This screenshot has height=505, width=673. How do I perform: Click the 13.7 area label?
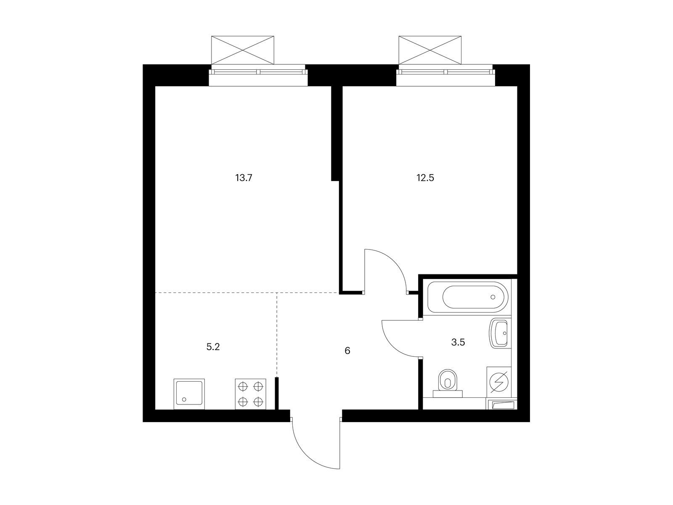pyautogui.click(x=244, y=178)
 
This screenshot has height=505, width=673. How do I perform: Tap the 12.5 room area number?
pyautogui.click(x=425, y=178)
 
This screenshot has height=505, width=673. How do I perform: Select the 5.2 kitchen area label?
pyautogui.click(x=213, y=347)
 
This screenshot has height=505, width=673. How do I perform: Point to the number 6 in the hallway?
pyautogui.click(x=347, y=351)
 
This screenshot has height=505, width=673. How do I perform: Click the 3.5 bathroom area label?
pyautogui.click(x=458, y=342)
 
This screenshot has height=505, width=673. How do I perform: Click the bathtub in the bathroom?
pyautogui.click(x=468, y=297)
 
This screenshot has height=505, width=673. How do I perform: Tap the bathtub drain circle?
pyautogui.click(x=493, y=297)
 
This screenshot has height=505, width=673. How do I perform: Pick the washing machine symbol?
pyautogui.click(x=499, y=382)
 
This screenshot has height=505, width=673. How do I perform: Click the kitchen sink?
pyautogui.click(x=189, y=394)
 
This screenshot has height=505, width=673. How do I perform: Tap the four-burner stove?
pyautogui.click(x=251, y=394)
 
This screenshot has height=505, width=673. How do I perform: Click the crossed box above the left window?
pyautogui.click(x=243, y=50)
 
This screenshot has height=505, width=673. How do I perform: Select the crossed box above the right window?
pyautogui.click(x=430, y=50)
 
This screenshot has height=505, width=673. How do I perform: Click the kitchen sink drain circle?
pyautogui.click(x=184, y=399)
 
